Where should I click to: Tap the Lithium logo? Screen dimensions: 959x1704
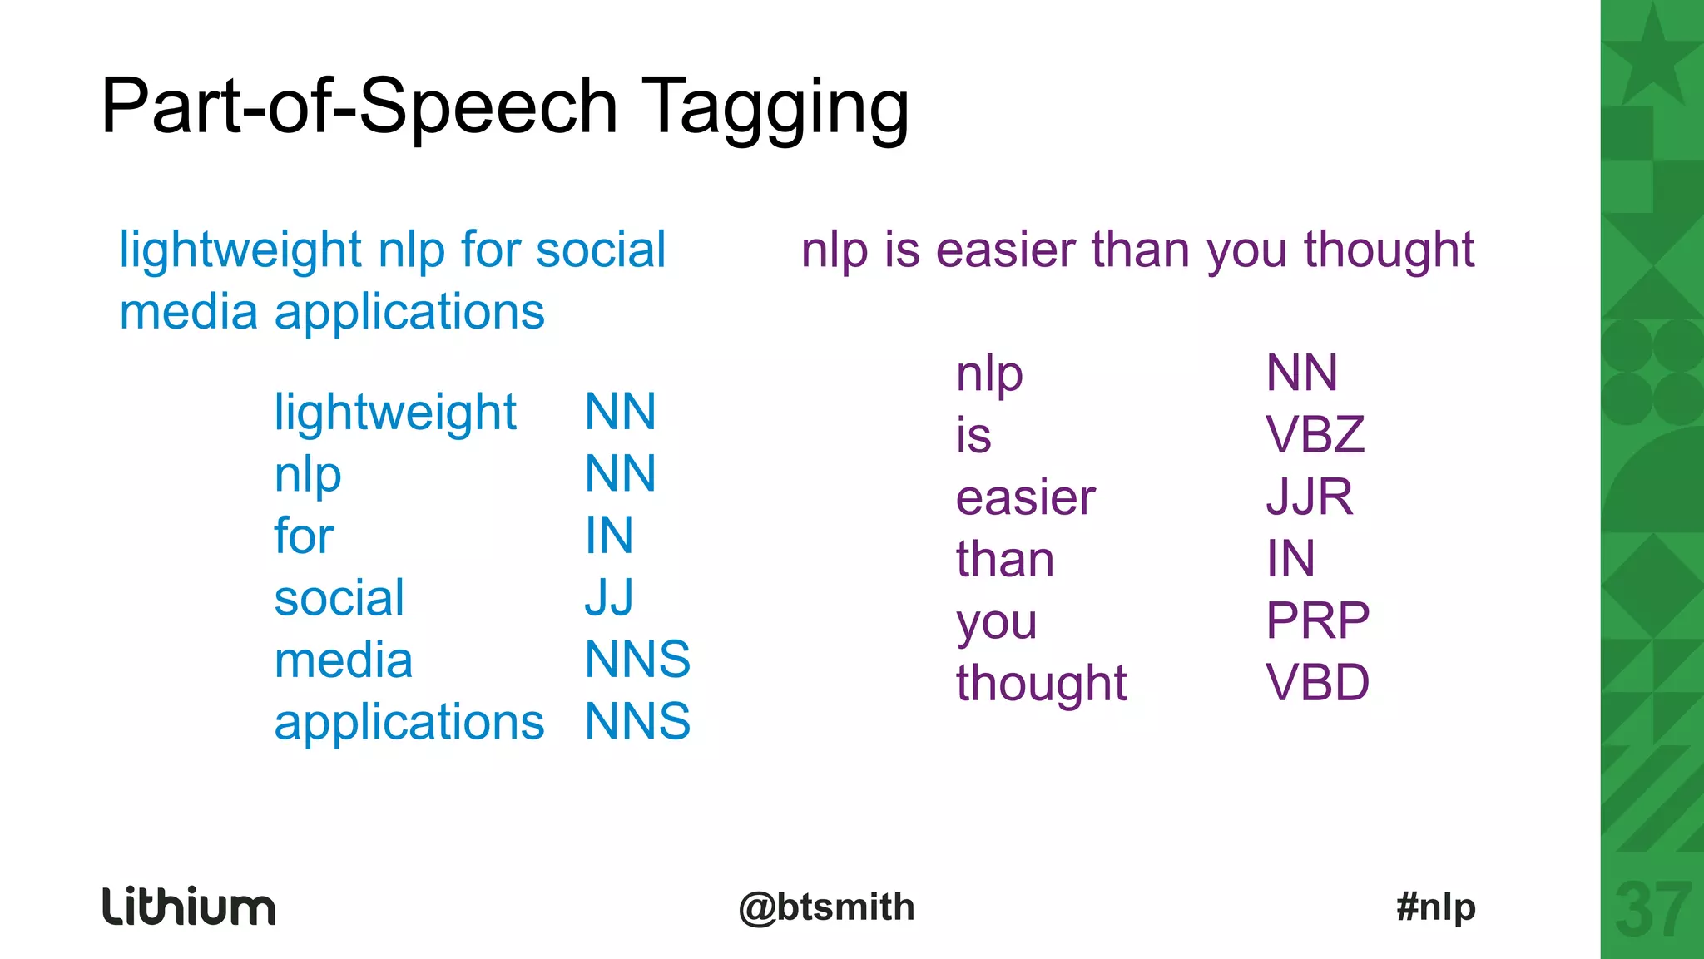[x=189, y=907]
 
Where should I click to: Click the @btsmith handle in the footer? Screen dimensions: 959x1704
[x=826, y=907]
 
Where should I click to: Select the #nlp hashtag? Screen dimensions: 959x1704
[x=1436, y=907]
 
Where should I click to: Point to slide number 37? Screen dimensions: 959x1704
[x=1652, y=912]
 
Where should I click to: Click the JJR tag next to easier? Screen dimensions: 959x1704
[x=1309, y=497]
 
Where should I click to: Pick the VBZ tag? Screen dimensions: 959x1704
[x=1315, y=434]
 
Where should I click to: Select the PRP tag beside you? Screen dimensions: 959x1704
[x=1317, y=620]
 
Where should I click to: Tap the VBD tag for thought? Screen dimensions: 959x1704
[x=1317, y=683]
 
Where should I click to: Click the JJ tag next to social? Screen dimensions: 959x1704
[x=609, y=597]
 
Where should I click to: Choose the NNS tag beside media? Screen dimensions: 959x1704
[x=637, y=660]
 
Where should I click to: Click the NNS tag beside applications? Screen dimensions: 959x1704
[x=637, y=721]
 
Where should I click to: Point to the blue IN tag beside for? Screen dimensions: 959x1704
[x=609, y=535]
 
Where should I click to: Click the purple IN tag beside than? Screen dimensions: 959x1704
[x=1290, y=558]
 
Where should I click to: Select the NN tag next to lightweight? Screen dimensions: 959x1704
[x=620, y=411]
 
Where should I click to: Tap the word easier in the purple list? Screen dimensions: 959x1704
[x=1025, y=498]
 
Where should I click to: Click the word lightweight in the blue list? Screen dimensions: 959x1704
[x=395, y=413]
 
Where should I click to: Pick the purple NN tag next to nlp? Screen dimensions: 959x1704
[x=1301, y=373]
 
